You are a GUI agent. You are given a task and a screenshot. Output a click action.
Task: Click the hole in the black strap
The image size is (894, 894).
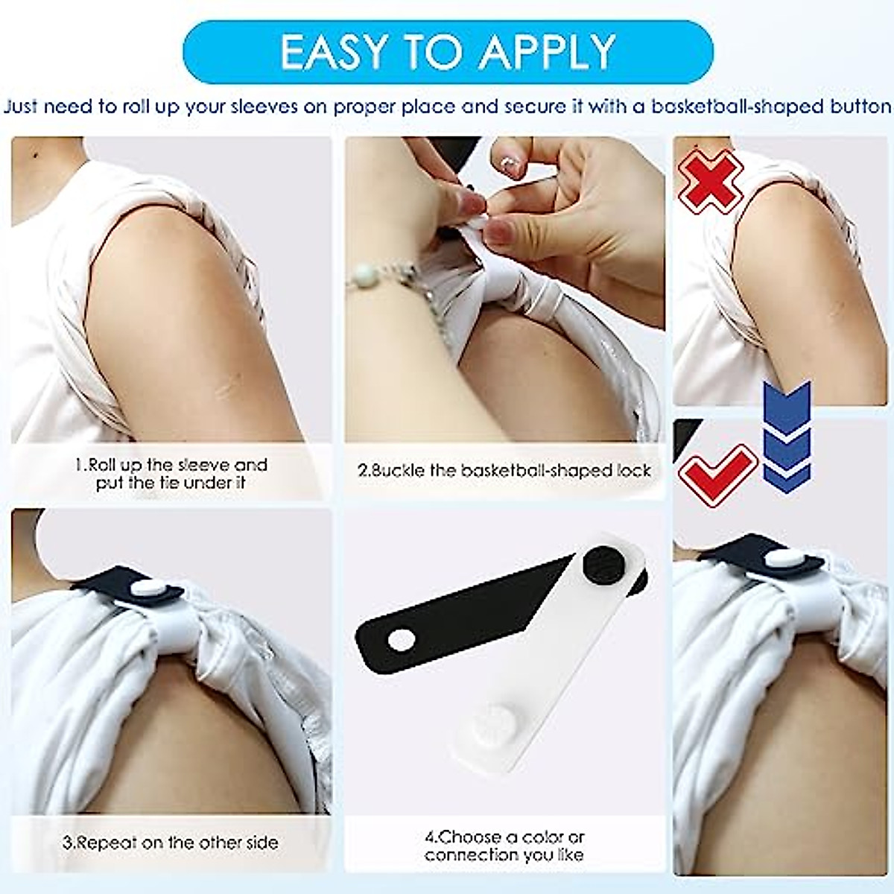(402, 639)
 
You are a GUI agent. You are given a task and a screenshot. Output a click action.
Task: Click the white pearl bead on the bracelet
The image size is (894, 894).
(364, 277)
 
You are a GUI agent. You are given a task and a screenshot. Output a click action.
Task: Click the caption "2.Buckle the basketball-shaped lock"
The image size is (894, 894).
(504, 471)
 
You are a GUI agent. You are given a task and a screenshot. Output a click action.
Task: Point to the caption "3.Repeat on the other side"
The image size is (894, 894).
(171, 843)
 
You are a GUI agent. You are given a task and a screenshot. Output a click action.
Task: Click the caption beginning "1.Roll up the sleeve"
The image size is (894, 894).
(171, 474)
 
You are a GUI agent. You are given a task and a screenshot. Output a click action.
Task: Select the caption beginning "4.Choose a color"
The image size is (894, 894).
(504, 846)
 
